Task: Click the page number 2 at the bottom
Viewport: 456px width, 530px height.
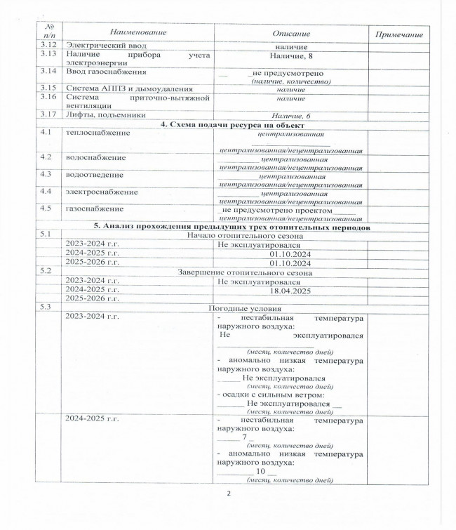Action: point(229,494)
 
